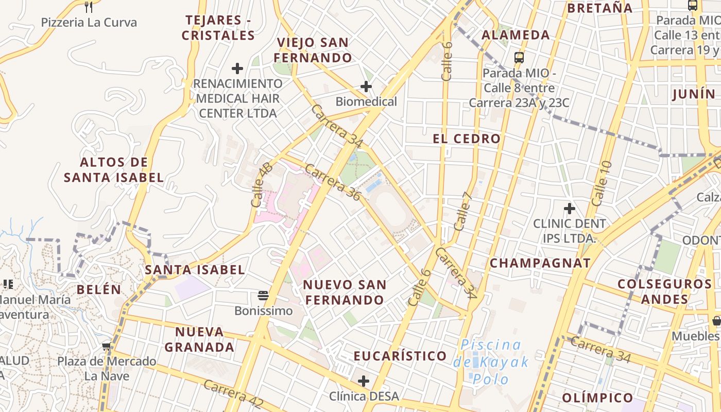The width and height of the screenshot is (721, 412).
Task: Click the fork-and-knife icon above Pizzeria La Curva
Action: (x=89, y=7)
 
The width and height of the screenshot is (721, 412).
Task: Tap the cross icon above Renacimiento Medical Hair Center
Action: (x=237, y=68)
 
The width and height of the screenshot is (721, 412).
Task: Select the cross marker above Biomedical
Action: (x=366, y=87)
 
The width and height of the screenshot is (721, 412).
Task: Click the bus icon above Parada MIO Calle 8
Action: (x=519, y=57)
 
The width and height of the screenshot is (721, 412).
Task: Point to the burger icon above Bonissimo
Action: (x=263, y=296)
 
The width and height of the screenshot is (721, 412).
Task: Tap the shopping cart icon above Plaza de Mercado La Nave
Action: (x=107, y=347)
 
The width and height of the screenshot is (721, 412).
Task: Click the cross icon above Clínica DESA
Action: (x=364, y=381)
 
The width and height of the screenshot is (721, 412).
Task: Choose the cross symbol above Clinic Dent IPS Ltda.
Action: (x=569, y=209)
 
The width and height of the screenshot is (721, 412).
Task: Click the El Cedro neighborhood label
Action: (x=467, y=139)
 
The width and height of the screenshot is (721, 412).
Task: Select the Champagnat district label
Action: (x=540, y=263)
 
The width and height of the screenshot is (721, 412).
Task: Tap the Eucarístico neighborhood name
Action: (x=400, y=356)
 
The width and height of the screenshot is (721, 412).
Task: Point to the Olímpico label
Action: (x=597, y=398)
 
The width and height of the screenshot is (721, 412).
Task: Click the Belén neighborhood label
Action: (x=99, y=289)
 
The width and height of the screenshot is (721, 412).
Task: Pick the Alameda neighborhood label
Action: (x=516, y=35)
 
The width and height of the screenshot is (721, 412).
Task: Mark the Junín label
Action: (x=694, y=94)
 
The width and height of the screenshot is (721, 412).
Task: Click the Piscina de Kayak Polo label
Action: (x=491, y=362)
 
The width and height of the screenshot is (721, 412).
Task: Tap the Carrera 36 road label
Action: (x=332, y=182)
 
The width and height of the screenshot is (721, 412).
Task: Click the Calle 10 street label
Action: (x=602, y=183)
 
